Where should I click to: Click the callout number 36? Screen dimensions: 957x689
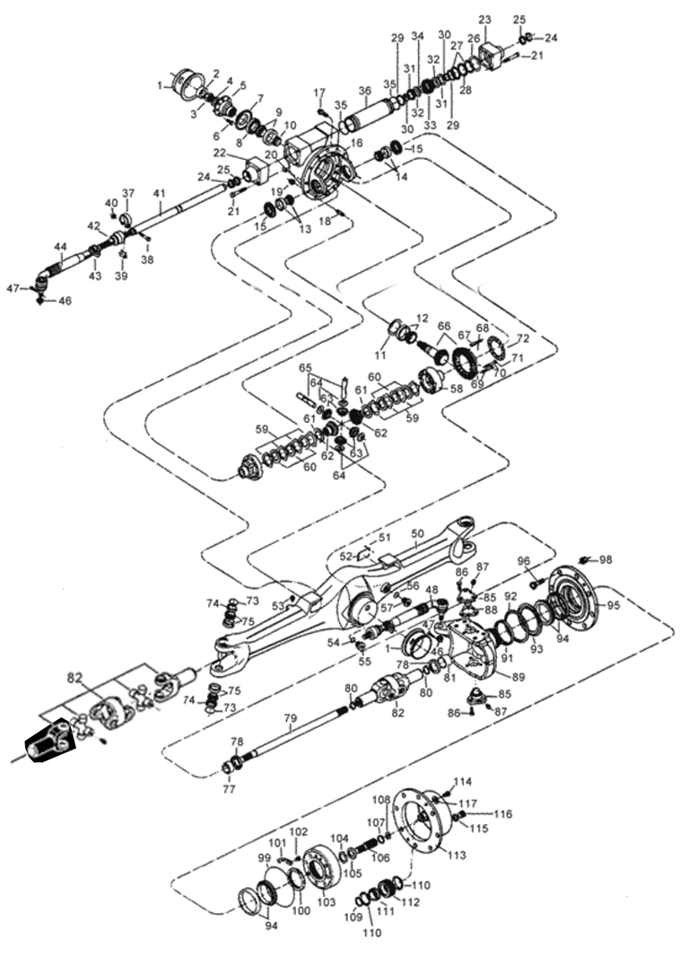pos(364,91)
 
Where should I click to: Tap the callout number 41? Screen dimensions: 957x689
pos(160,193)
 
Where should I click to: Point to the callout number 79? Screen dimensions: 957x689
pos(290,718)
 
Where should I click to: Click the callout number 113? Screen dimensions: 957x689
pos(458,856)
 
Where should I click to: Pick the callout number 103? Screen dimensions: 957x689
pos(327,900)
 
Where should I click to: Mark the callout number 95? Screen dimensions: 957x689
pos(614,605)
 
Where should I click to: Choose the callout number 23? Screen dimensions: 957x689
pos(485,20)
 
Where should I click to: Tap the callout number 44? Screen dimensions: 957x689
pos(60,246)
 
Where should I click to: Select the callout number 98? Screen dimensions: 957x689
pos(606,559)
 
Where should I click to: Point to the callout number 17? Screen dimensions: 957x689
pos(319,92)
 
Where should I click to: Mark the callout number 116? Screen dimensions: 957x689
pos(502,814)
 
